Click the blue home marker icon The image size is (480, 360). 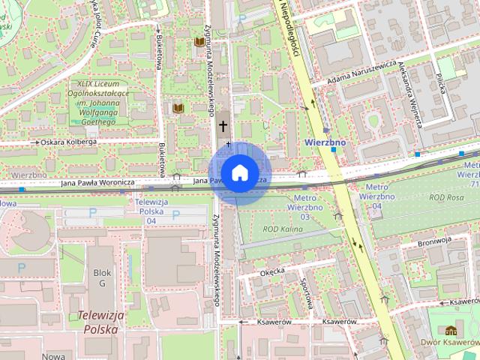[x=239, y=172]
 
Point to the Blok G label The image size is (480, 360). [x=101, y=279]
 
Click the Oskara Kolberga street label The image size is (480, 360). [x=68, y=142]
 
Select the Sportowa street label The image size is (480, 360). [x=305, y=294]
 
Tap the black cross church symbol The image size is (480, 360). [x=223, y=125]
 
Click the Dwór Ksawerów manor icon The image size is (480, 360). [x=451, y=331]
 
